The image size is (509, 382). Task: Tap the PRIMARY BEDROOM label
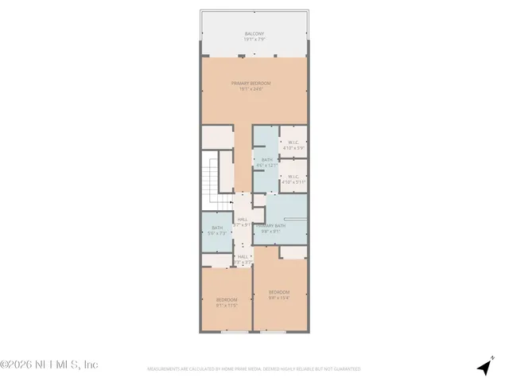pos(251,83)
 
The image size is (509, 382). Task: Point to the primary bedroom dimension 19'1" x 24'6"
pos(251,88)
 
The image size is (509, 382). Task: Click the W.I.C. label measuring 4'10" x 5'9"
pos(294,143)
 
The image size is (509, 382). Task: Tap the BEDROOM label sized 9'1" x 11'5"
pos(227,300)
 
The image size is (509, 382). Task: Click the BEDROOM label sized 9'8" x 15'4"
pos(279,293)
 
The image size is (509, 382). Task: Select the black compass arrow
pos(484,367)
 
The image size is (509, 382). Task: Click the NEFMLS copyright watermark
pos(49,364)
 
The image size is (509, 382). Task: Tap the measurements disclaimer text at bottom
pos(254,369)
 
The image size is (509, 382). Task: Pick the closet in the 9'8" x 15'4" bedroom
pos(293,252)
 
